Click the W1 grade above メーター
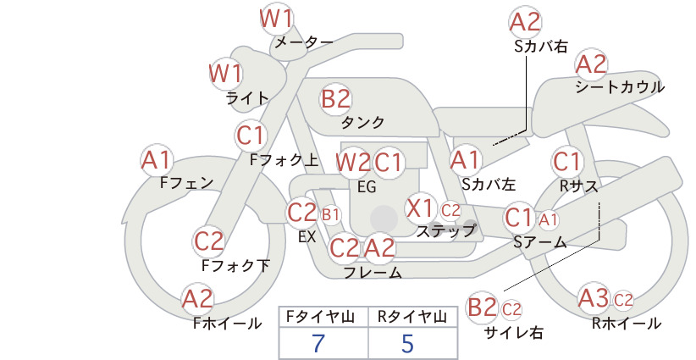coord(276,19)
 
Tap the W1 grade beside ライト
coord(225,73)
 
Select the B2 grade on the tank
coord(335,98)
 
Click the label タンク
coord(362,123)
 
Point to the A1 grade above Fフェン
coord(156,161)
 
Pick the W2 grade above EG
coord(353,163)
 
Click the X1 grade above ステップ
coord(419,208)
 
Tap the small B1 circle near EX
coord(330,215)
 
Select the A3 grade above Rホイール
coord(594,298)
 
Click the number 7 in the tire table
coord(318,343)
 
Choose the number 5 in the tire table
coord(407,343)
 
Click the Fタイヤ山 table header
coord(321,317)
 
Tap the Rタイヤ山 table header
coord(412,317)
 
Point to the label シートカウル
coord(620,87)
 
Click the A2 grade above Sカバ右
coord(525,22)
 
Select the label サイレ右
coord(514,332)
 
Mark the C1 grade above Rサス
coord(566,163)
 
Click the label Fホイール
coord(227,324)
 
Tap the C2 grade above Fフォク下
coord(209,242)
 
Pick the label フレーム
coord(373,273)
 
